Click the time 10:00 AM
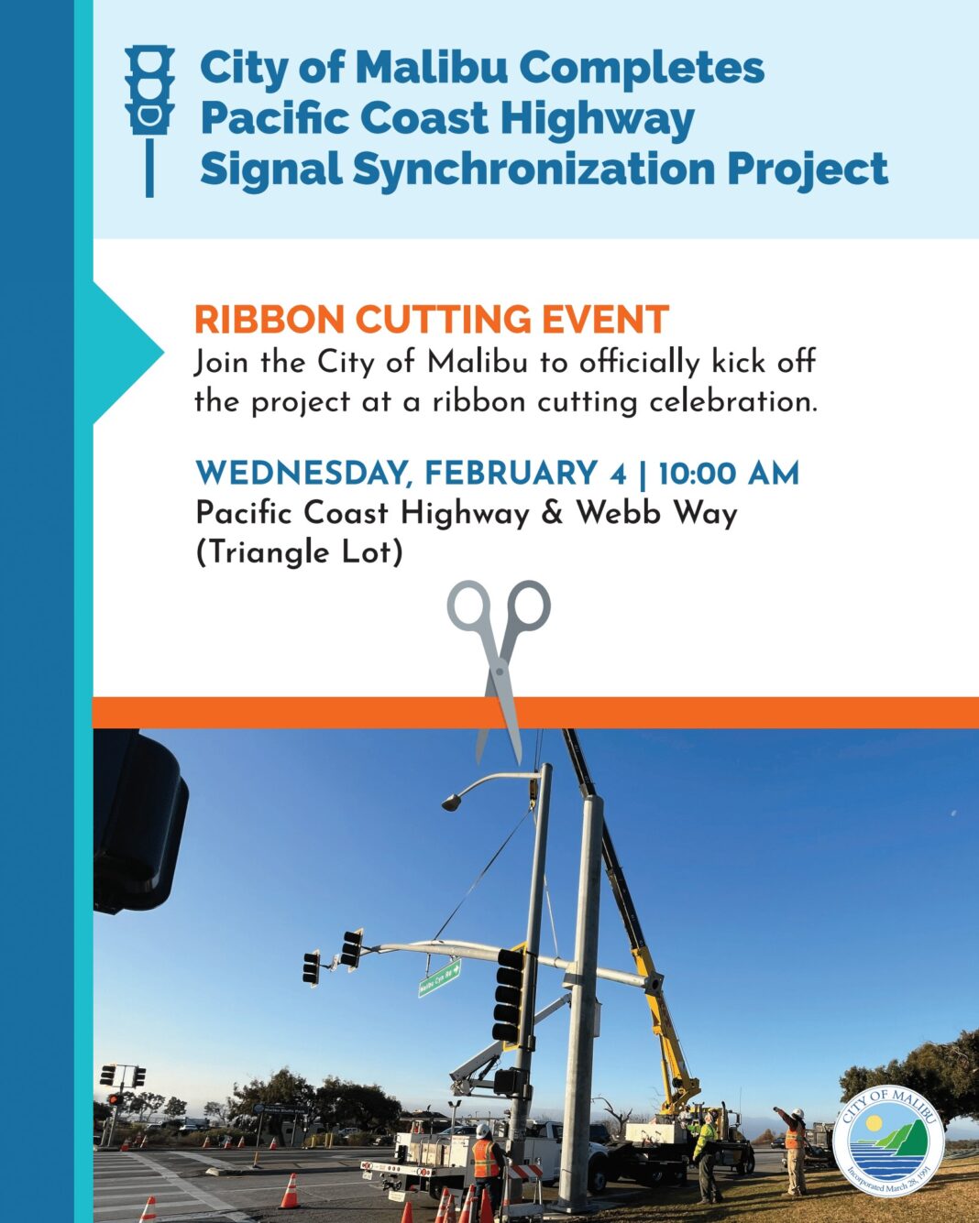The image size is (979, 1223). [729, 474]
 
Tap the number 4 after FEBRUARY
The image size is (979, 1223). [618, 474]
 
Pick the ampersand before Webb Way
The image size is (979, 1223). [552, 513]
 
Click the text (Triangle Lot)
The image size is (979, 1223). [299, 552]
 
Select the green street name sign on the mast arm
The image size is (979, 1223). [439, 977]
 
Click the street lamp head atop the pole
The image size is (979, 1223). [451, 803]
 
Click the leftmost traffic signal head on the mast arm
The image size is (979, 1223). [312, 968]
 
